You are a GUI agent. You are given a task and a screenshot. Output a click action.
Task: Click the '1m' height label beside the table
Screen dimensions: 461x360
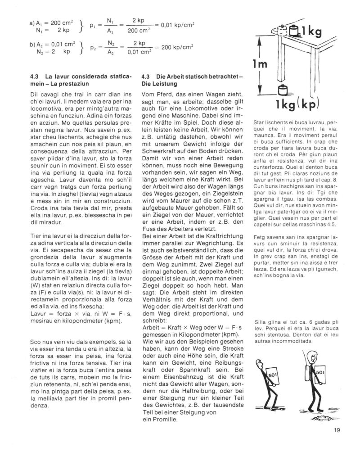pyautogui.click(x=262, y=64)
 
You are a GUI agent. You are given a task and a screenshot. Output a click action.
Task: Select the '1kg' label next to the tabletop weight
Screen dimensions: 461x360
pyautogui.click(x=311, y=32)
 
